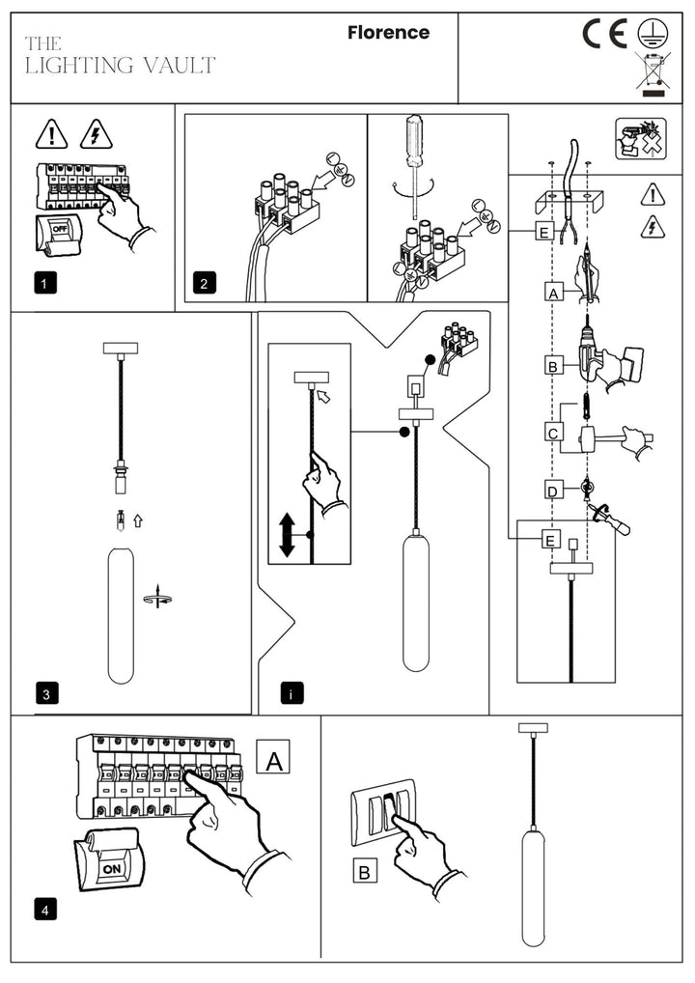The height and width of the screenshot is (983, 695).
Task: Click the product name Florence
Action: tap(388, 33)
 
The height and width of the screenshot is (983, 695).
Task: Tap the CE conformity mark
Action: tap(605, 34)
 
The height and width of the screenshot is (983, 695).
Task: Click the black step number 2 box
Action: tap(204, 283)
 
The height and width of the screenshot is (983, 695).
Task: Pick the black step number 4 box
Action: tap(44, 910)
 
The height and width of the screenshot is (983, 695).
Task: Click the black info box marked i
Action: tap(291, 693)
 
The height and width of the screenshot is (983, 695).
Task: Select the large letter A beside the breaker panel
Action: tap(274, 761)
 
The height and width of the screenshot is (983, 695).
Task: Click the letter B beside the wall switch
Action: tap(364, 872)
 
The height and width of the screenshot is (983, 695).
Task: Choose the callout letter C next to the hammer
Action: tap(553, 434)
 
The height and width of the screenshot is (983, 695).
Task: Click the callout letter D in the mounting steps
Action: tap(553, 491)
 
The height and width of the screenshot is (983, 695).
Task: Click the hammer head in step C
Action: tap(587, 439)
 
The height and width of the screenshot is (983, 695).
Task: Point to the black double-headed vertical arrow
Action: tap(287, 534)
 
